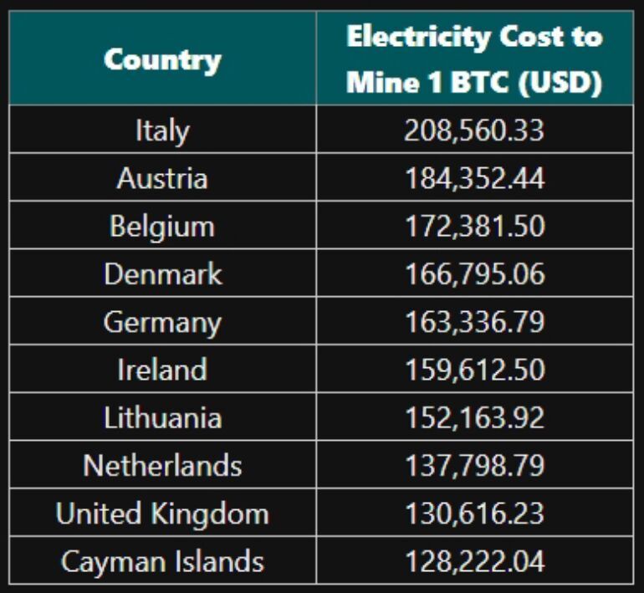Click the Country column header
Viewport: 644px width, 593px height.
162,60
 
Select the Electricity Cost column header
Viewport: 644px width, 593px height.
474,59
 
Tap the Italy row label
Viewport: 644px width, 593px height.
162,130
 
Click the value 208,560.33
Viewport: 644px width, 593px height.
474,130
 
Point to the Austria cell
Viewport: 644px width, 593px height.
162,178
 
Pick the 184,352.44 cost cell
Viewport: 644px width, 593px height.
475,178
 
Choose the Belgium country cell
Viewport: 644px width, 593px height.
162,227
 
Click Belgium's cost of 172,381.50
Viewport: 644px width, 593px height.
475,227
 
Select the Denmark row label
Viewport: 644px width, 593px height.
163,273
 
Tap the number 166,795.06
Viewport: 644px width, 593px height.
475,273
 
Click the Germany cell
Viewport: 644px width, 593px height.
162,322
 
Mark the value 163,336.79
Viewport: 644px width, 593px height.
475,321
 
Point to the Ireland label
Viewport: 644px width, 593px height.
162,370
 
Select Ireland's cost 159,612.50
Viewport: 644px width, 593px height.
475,370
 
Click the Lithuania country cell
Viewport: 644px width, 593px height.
162,417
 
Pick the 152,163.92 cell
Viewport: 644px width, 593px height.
475,417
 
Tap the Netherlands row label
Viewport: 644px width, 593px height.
162,465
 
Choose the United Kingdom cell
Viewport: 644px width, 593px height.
162,514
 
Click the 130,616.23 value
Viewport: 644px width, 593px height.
475,514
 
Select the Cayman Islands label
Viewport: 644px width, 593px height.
162,562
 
